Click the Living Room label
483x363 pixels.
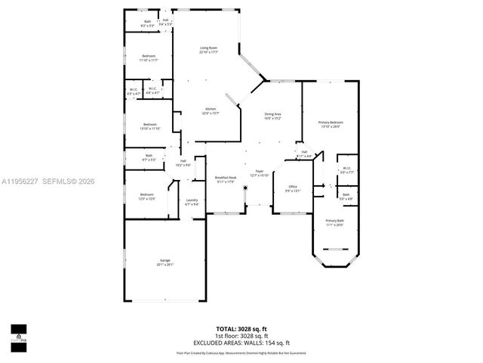(x=208, y=49)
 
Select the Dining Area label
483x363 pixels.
(x=272, y=114)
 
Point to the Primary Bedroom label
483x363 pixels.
(x=331, y=123)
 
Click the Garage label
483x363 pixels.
(x=165, y=261)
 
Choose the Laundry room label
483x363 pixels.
(x=192, y=200)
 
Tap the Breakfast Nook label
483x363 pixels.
(x=226, y=178)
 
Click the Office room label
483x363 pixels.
(x=294, y=186)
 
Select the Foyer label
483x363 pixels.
(x=259, y=172)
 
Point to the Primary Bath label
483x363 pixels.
(x=334, y=221)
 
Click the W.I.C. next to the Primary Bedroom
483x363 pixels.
(x=346, y=168)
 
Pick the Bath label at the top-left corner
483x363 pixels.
(x=147, y=21)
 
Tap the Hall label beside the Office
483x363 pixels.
(x=304, y=152)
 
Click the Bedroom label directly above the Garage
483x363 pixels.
(x=146, y=194)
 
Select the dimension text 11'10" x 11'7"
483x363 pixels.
(x=148, y=60)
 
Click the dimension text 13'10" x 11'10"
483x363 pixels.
(x=151, y=129)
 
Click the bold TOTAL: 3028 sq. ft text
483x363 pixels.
(x=241, y=329)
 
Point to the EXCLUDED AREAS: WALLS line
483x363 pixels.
(x=241, y=343)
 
